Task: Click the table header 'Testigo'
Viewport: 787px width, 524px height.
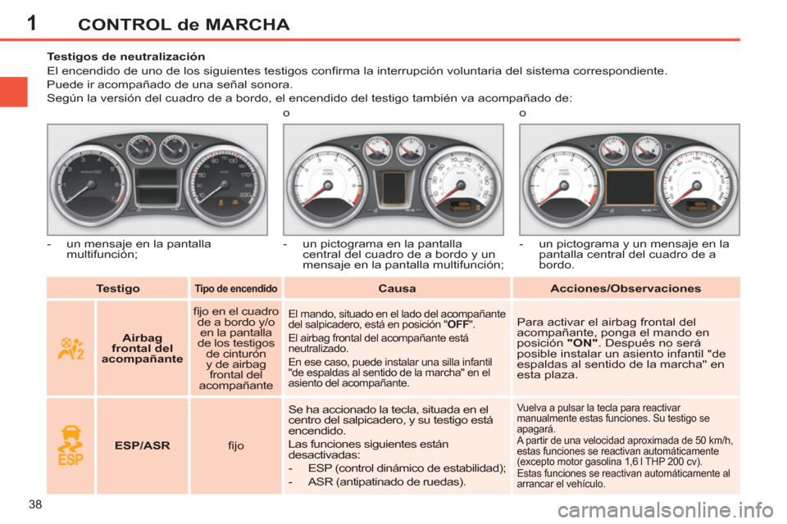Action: click(117, 288)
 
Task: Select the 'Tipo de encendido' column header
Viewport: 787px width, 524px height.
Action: click(235, 289)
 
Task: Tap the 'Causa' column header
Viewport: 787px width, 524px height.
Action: click(398, 288)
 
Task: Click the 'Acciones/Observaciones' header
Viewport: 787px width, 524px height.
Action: click(626, 288)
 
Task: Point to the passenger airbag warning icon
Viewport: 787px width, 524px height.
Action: click(70, 348)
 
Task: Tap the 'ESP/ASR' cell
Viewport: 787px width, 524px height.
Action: click(142, 446)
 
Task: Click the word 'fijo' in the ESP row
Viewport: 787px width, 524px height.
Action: click(236, 446)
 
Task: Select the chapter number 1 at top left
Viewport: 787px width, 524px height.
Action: click(30, 23)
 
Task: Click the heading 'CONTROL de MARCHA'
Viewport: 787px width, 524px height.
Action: click(184, 25)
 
